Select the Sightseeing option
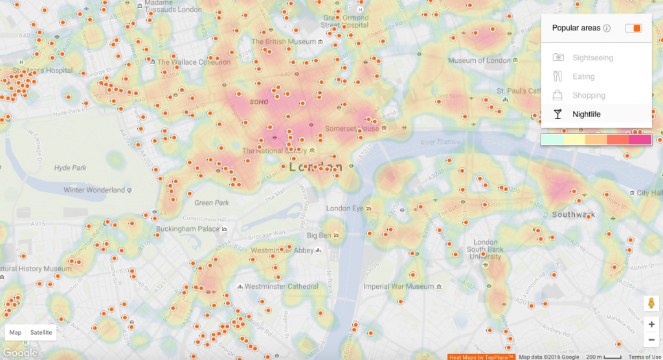point(592,58)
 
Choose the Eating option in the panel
point(583,76)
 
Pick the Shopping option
point(589,95)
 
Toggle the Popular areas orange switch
point(633,28)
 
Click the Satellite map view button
point(41,332)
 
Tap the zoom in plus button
point(651,324)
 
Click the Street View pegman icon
point(651,303)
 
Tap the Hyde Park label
point(71,168)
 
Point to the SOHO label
point(259,102)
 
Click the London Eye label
point(345,208)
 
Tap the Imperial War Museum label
point(398,286)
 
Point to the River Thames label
point(440,142)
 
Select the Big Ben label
point(319,235)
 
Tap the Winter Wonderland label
point(94,190)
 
